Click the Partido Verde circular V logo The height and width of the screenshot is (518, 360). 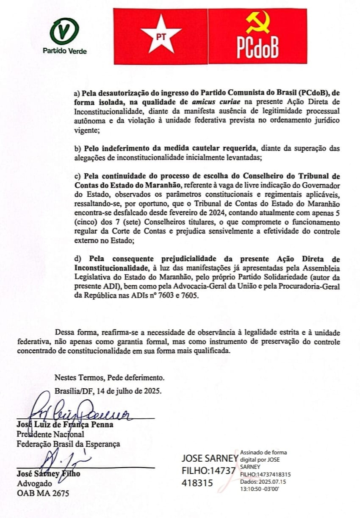64,32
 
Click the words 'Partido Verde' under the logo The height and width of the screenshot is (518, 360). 64,51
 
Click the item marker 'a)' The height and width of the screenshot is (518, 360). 77,92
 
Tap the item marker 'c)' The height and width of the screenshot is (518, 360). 77,176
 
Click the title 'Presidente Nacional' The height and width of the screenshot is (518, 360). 50,434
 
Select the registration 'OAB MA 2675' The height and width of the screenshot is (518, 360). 43,493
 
